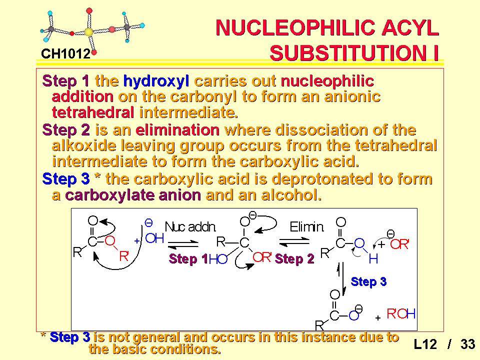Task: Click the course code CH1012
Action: pyautogui.click(x=66, y=54)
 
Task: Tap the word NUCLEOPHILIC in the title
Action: pyautogui.click(x=295, y=27)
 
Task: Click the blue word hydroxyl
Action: pyautogui.click(x=156, y=81)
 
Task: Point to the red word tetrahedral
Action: pyautogui.click(x=93, y=112)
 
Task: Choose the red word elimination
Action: pyautogui.click(x=177, y=130)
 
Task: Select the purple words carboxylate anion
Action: pyautogui.click(x=133, y=195)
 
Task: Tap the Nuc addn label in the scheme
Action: pyautogui.click(x=190, y=227)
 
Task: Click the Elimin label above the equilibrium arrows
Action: pyautogui.click(x=306, y=227)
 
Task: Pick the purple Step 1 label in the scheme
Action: pyautogui.click(x=188, y=259)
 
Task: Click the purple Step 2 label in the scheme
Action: pyautogui.click(x=294, y=259)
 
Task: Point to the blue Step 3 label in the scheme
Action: pyautogui.click(x=368, y=281)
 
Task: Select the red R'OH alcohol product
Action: pyautogui.click(x=401, y=314)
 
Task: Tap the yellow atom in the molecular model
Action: pyautogui.click(x=88, y=32)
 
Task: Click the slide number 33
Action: pyautogui.click(x=468, y=344)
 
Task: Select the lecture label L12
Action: pyautogui.click(x=425, y=344)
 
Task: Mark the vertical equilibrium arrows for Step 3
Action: pyautogui.click(x=341, y=278)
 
